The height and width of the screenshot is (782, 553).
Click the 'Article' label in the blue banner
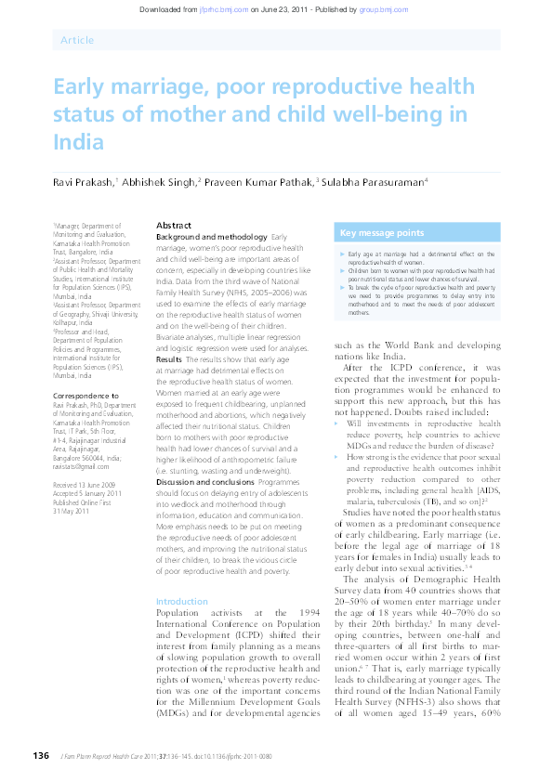tap(76, 40)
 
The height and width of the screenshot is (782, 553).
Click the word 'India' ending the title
tap(78, 143)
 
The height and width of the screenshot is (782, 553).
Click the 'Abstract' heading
tap(174, 226)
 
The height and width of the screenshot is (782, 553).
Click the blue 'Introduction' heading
tap(182, 576)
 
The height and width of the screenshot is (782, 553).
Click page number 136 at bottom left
tap(40, 755)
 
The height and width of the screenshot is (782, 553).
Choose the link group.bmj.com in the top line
tap(386, 8)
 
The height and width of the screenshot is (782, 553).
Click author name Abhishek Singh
tap(159, 183)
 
